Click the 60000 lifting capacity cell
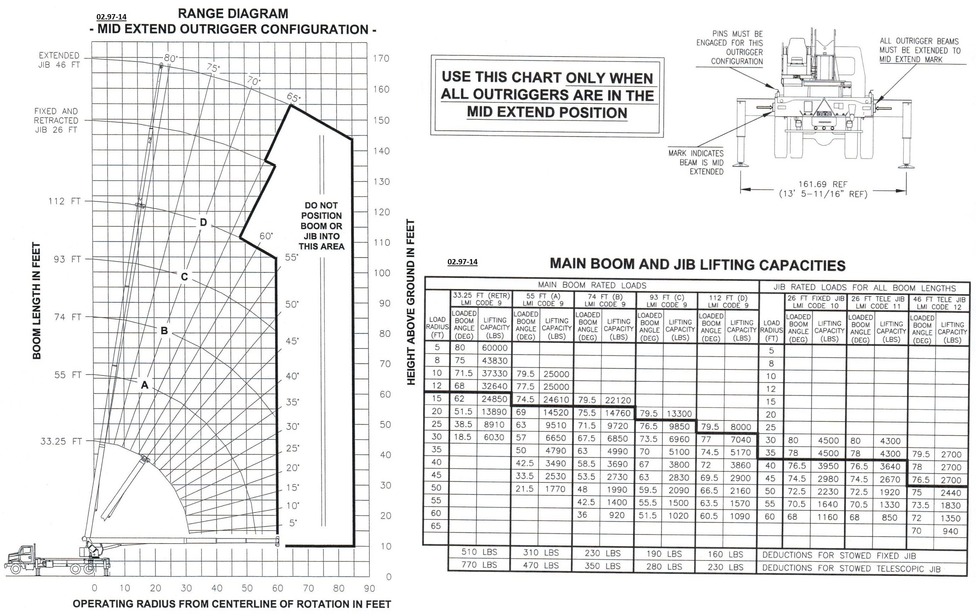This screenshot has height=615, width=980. pos(494,348)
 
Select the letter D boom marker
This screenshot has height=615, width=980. pos(203,222)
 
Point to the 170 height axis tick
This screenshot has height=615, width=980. pos(381,59)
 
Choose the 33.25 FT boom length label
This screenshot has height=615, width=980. pos(61,441)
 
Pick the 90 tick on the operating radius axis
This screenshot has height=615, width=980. pos(369,588)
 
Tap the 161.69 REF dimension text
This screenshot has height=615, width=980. pos(823,184)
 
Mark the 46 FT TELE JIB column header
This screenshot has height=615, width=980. pos(939,303)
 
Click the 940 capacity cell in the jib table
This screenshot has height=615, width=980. pos(950,531)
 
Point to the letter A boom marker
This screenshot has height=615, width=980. pos(144,385)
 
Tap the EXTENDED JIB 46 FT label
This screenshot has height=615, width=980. pos(59,60)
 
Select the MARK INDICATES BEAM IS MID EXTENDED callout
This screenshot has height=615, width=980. pos(696,162)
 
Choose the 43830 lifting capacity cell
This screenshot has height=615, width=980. pos(494,361)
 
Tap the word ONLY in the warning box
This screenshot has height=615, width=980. pos(588,78)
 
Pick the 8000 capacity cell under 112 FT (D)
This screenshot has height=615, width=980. pos(740,427)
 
